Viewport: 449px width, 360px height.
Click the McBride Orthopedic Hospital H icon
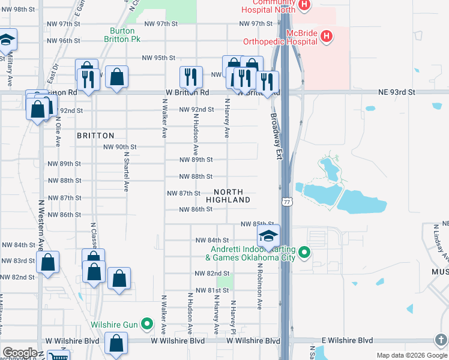(x=326, y=37)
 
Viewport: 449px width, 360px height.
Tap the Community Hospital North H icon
(x=304, y=5)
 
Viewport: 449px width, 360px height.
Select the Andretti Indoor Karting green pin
(x=304, y=252)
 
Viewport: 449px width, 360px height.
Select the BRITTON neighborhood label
(x=95, y=136)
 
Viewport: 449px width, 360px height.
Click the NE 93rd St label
(x=397, y=92)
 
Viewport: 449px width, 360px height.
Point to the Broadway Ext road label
(x=276, y=136)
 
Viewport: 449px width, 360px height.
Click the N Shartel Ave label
(x=127, y=171)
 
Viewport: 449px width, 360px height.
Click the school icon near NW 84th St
(x=268, y=235)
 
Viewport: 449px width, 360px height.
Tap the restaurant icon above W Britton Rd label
(x=189, y=76)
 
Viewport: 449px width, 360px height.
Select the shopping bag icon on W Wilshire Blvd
(x=116, y=343)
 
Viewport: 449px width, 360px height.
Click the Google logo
(x=19, y=353)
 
